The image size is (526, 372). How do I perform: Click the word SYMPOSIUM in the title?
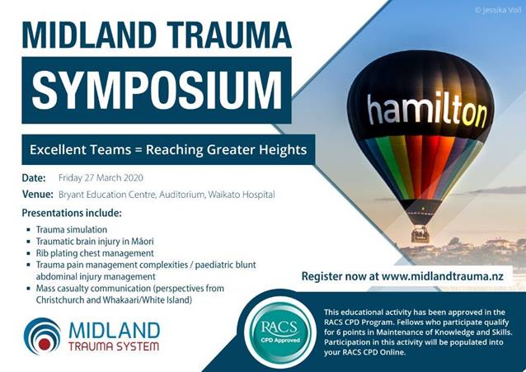tap(157, 90)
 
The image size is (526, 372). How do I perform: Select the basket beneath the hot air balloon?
tap(420, 234)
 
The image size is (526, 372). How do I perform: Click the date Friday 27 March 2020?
tap(101, 177)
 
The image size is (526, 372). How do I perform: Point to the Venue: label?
tap(38, 194)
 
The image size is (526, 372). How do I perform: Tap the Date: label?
tap(34, 177)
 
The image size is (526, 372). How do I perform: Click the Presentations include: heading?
tap(72, 213)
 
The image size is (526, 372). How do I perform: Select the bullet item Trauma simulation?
tap(72, 229)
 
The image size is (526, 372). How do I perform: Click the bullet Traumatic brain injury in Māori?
tap(95, 242)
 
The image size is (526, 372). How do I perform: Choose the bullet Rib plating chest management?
tap(95, 253)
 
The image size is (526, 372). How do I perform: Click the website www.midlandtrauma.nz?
tap(443, 276)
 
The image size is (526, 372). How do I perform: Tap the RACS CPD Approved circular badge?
tap(280, 331)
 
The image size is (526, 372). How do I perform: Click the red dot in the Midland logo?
tap(45, 343)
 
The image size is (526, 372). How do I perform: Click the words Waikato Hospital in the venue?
tap(242, 195)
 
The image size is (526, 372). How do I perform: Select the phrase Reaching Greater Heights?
tap(227, 150)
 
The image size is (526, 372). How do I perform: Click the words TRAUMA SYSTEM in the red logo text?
tap(114, 346)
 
